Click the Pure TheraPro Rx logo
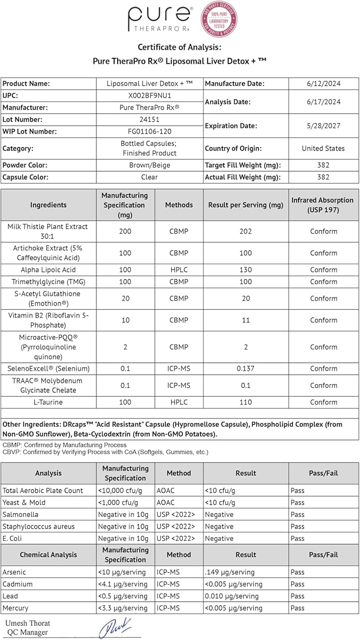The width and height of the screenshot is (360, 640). tap(159, 20)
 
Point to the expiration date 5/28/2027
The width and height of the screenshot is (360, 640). tap(323, 126)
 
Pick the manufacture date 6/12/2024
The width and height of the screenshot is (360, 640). tap(323, 83)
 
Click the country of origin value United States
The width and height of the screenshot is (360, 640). tap(323, 148)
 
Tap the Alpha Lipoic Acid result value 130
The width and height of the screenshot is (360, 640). tap(245, 269)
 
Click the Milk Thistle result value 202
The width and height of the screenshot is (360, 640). tap(245, 231)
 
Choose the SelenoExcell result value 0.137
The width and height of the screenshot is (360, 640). tap(245, 368)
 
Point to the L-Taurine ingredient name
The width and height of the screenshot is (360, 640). tap(48, 402)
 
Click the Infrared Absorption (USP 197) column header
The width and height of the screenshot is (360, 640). tap(322, 205)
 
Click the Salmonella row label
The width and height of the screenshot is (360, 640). tap(21, 514)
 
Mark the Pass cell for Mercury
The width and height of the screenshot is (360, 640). tap(297, 608)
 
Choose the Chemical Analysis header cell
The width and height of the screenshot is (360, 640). tap(48, 555)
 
